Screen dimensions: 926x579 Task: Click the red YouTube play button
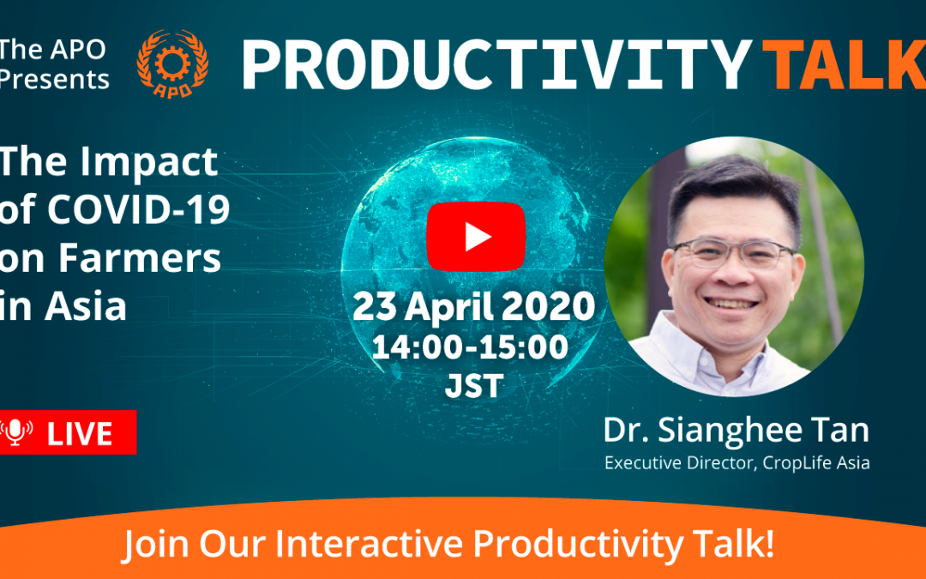476,237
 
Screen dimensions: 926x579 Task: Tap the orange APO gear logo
171,63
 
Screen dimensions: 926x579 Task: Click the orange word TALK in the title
845,65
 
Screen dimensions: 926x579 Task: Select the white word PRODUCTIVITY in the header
496,65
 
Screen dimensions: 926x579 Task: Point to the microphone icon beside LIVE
16,431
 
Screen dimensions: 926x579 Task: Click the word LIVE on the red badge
80,434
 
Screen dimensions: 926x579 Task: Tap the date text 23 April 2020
473,307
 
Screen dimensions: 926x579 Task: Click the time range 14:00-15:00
470,347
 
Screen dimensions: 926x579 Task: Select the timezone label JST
474,386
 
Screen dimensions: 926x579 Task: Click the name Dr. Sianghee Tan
736,430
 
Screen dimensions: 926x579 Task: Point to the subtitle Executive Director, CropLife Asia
737,462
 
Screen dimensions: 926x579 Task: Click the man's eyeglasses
733,253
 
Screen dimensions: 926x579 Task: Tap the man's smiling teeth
731,304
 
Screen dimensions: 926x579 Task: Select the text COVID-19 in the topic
139,210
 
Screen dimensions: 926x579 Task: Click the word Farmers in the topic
140,258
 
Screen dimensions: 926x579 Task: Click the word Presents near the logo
54,79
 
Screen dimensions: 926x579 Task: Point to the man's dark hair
732,189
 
